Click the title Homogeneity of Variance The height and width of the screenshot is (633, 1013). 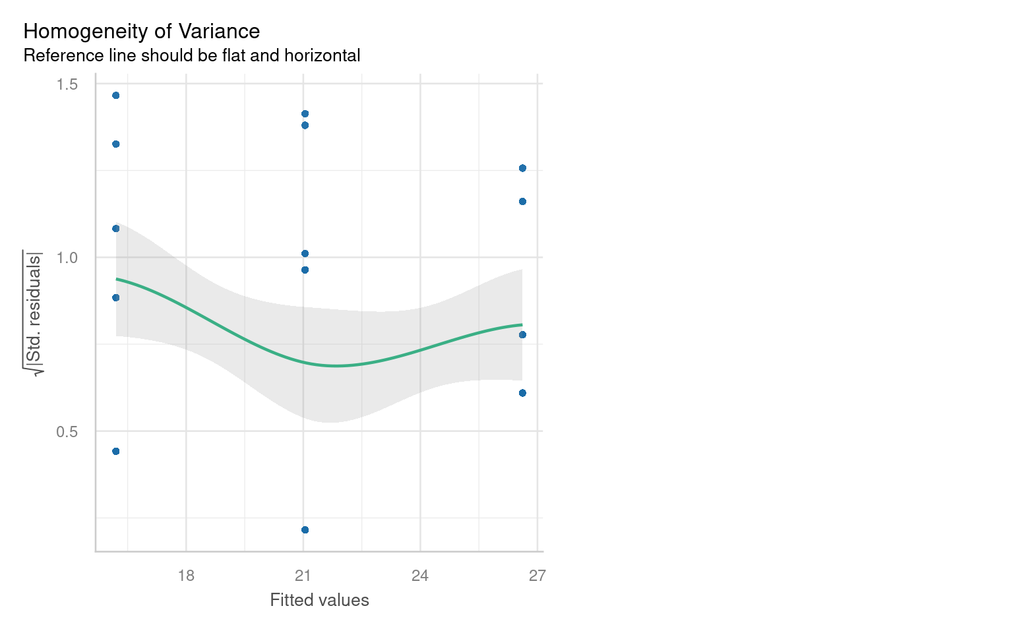click(142, 32)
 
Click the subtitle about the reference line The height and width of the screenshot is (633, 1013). click(191, 55)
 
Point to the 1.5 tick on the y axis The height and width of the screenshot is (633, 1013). click(67, 84)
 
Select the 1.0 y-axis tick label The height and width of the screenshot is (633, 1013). click(67, 258)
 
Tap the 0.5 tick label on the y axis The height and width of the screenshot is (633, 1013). click(67, 432)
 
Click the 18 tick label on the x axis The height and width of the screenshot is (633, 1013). click(186, 576)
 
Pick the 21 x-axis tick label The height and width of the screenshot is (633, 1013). click(303, 576)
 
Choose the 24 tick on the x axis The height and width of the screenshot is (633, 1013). click(420, 576)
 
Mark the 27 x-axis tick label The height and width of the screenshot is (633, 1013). click(537, 576)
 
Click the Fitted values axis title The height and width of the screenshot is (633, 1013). click(320, 600)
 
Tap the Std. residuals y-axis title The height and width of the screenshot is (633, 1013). click(33, 313)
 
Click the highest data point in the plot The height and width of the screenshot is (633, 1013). click(116, 96)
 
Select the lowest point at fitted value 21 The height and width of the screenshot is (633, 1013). click(305, 529)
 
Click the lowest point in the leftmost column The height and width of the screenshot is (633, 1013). click(116, 451)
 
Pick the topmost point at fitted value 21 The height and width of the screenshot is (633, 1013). click(305, 114)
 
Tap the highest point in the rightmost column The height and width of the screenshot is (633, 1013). click(522, 168)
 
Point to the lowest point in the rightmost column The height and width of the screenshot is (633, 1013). click(522, 393)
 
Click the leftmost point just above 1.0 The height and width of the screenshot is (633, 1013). click(116, 229)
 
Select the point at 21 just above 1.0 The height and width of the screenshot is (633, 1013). click(305, 254)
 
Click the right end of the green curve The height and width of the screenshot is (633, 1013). click(522, 324)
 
